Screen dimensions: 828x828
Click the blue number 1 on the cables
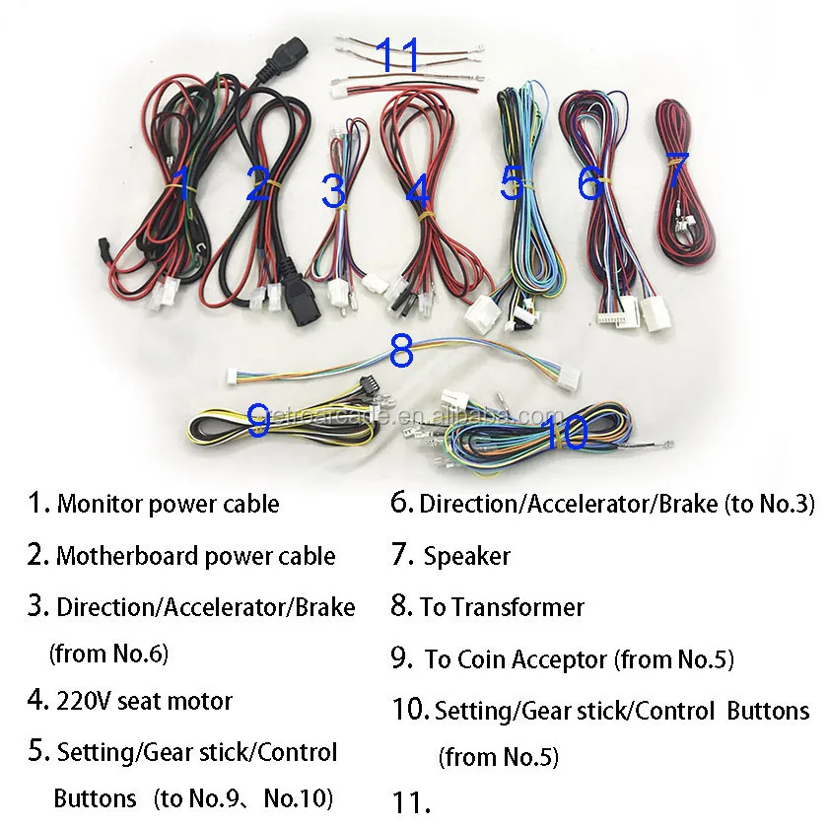pos(180,183)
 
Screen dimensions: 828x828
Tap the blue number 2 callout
pos(258,184)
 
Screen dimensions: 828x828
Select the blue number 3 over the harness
pos(334,190)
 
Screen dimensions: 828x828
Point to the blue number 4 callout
pos(419,193)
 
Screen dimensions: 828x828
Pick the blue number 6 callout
pos(589,182)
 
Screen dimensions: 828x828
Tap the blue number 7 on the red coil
pos(676,170)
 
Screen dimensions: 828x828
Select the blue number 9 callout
pos(258,420)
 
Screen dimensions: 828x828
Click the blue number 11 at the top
pos(398,55)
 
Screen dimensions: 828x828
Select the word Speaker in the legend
pos(467,556)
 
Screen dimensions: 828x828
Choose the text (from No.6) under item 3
pos(109,653)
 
